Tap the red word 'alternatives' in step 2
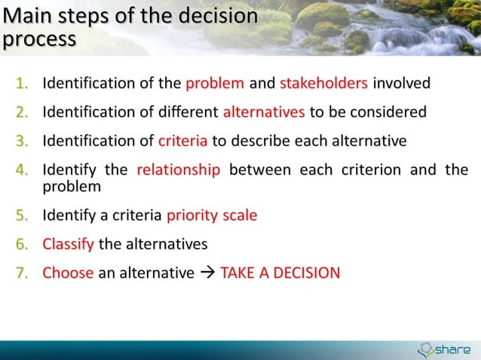coord(264,112)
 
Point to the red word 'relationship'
coord(179,169)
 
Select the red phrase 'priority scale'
coord(212,215)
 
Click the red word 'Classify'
coord(69,244)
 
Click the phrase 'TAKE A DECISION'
coord(280,273)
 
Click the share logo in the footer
coord(444,349)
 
